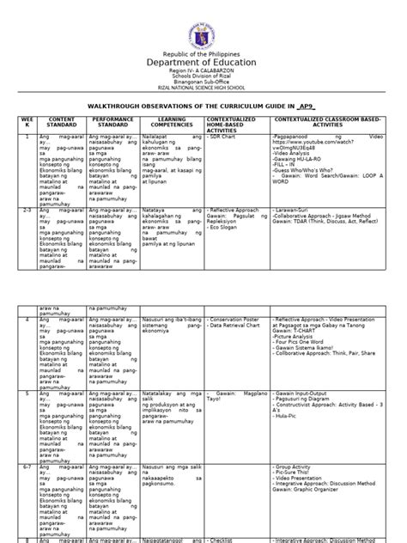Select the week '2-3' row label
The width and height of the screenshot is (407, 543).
pos(29,232)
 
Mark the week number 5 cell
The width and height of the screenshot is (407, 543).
pos(28,391)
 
